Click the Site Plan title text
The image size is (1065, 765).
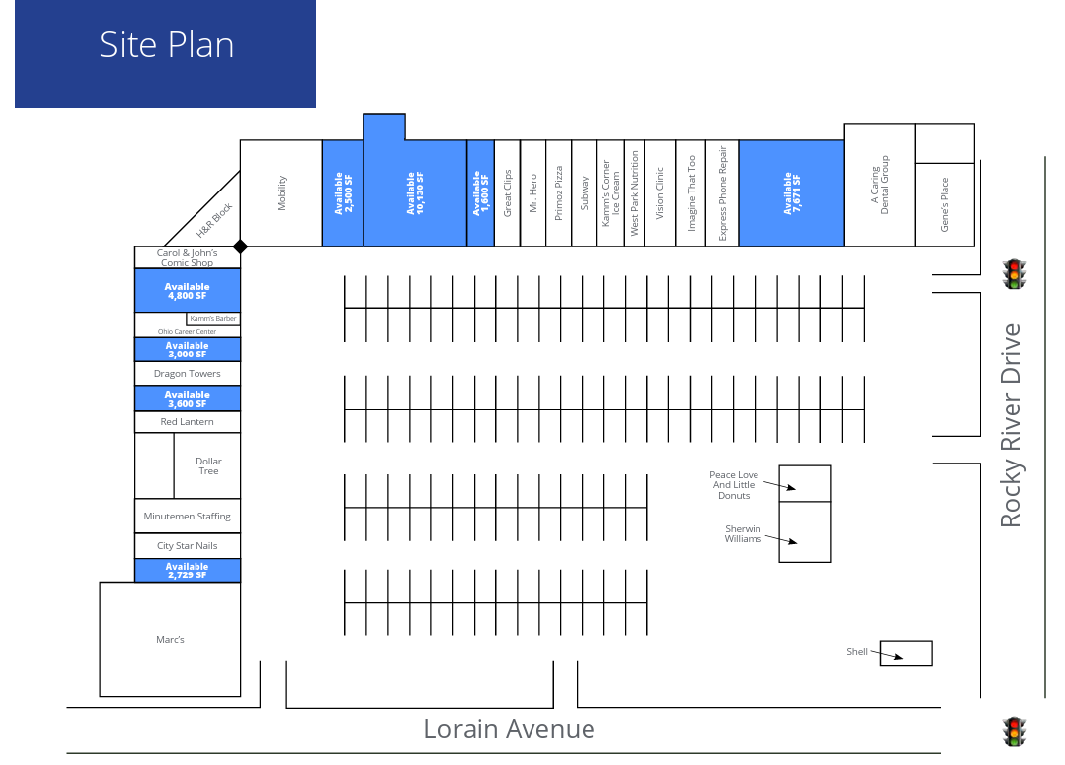[166, 45]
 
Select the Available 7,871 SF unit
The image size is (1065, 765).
[791, 193]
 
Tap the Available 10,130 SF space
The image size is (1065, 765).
[414, 193]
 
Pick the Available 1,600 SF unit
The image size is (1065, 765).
[479, 193]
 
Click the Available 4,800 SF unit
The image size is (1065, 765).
[187, 291]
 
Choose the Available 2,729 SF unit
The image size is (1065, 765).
[187, 571]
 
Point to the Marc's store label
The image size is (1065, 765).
[170, 640]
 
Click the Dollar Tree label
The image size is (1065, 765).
[208, 466]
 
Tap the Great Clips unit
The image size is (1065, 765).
[507, 193]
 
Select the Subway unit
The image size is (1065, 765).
[584, 193]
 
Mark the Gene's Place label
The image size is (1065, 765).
[945, 204]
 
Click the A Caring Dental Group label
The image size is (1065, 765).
[879, 186]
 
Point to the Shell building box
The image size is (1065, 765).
[906, 653]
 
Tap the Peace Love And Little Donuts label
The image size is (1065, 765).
[733, 485]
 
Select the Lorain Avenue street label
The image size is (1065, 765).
[509, 729]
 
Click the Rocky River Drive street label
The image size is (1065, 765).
[1011, 425]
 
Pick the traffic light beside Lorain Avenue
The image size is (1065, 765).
[1013, 732]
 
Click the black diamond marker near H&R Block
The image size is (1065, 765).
[240, 246]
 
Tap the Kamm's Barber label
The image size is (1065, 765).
[213, 319]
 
